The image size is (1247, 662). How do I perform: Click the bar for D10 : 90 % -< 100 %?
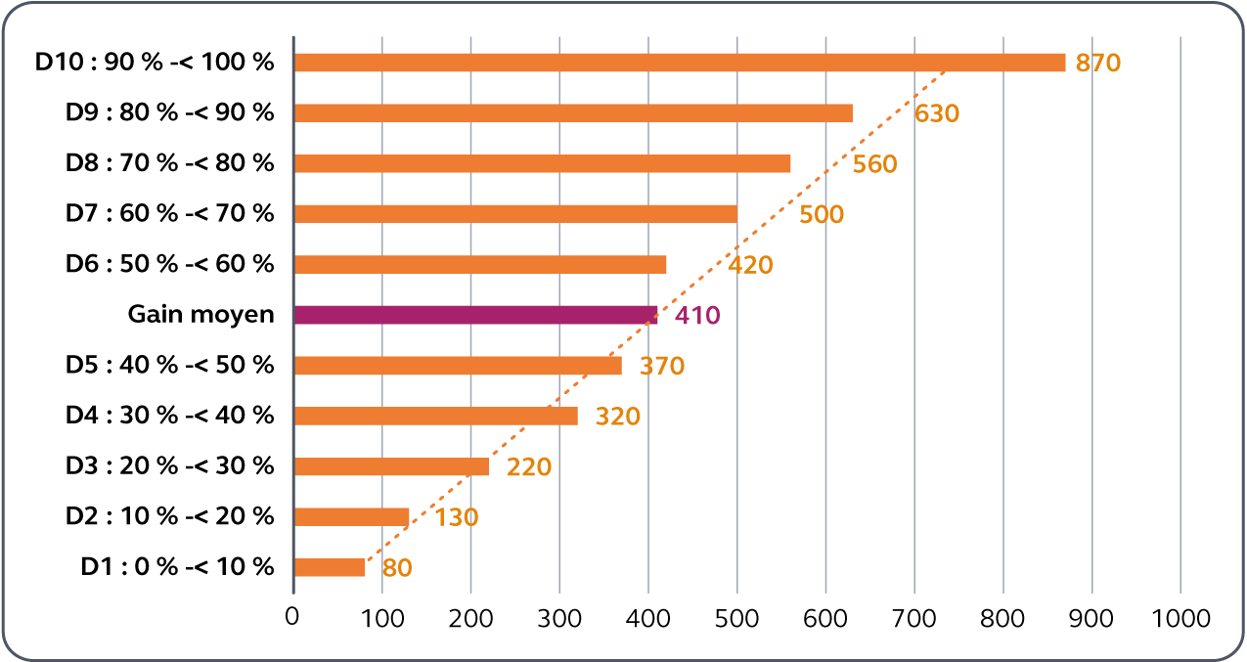(679, 63)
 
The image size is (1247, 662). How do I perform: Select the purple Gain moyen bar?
(475, 315)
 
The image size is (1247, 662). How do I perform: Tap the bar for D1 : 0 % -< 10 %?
(330, 567)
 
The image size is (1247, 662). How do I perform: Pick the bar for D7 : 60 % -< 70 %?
(515, 214)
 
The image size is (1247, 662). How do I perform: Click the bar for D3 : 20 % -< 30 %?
(391, 466)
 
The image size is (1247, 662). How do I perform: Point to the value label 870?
(1097, 64)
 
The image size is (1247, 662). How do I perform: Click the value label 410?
(697, 316)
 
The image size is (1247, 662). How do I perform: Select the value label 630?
(937, 114)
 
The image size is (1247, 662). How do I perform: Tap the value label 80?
(398, 568)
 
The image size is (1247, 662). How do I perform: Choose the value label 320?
(617, 417)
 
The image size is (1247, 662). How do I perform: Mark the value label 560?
(874, 164)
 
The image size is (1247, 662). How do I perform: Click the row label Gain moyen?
(201, 315)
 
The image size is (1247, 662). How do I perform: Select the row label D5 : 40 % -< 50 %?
(170, 366)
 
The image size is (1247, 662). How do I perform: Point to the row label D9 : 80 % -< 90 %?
(170, 112)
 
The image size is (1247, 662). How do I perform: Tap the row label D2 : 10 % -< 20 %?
(170, 516)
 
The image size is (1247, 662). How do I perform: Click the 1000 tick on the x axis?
(1180, 619)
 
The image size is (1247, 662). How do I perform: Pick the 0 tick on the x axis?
(292, 619)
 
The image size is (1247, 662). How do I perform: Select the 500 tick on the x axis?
(737, 619)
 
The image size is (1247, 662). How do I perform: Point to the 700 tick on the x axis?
(914, 619)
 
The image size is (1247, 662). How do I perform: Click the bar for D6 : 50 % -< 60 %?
(480, 264)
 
